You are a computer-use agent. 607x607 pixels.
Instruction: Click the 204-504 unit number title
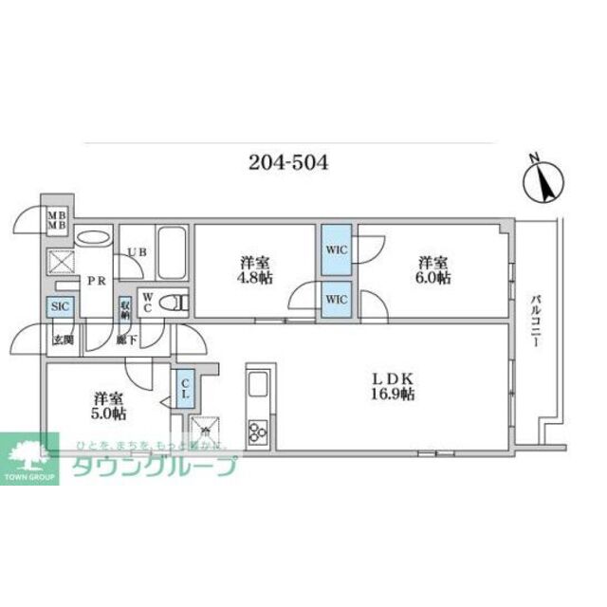pos(288,161)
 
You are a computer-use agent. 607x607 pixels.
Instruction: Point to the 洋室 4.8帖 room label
pos(252,271)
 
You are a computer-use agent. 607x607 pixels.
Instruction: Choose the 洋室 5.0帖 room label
pos(110,407)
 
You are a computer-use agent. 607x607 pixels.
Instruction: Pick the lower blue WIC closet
pos(335,300)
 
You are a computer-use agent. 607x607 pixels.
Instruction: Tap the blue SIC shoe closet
pos(59,307)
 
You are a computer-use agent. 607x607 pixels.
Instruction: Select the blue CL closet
pos(185,388)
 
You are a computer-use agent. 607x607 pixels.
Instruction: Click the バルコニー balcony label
pos(534,322)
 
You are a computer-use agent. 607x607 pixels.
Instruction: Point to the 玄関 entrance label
pos(63,340)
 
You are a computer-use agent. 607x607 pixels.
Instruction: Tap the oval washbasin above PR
pos(92,238)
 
